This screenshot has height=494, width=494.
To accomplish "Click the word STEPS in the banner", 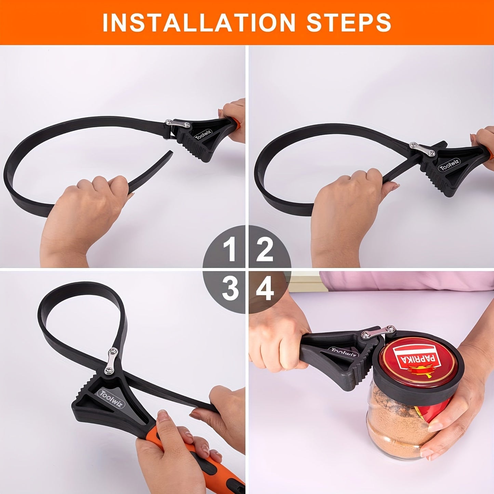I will (349, 23).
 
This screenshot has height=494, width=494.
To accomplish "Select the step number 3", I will (230, 289).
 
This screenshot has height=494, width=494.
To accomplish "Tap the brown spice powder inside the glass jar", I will (390, 427).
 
